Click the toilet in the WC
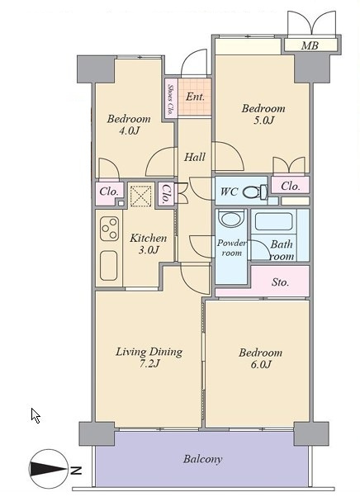click(256, 192)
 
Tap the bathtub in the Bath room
click(274, 221)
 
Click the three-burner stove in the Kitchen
click(109, 229)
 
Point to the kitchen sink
click(109, 266)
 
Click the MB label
click(310, 45)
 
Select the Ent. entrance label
click(195, 97)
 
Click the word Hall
click(195, 157)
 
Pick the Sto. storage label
click(280, 282)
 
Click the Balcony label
click(202, 459)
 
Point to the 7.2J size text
click(149, 363)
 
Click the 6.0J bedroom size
click(261, 364)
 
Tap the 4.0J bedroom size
click(129, 130)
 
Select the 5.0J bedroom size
click(263, 121)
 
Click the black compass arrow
click(48, 469)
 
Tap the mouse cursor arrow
click(36, 415)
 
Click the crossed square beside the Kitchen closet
click(141, 196)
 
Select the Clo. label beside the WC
click(291, 186)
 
